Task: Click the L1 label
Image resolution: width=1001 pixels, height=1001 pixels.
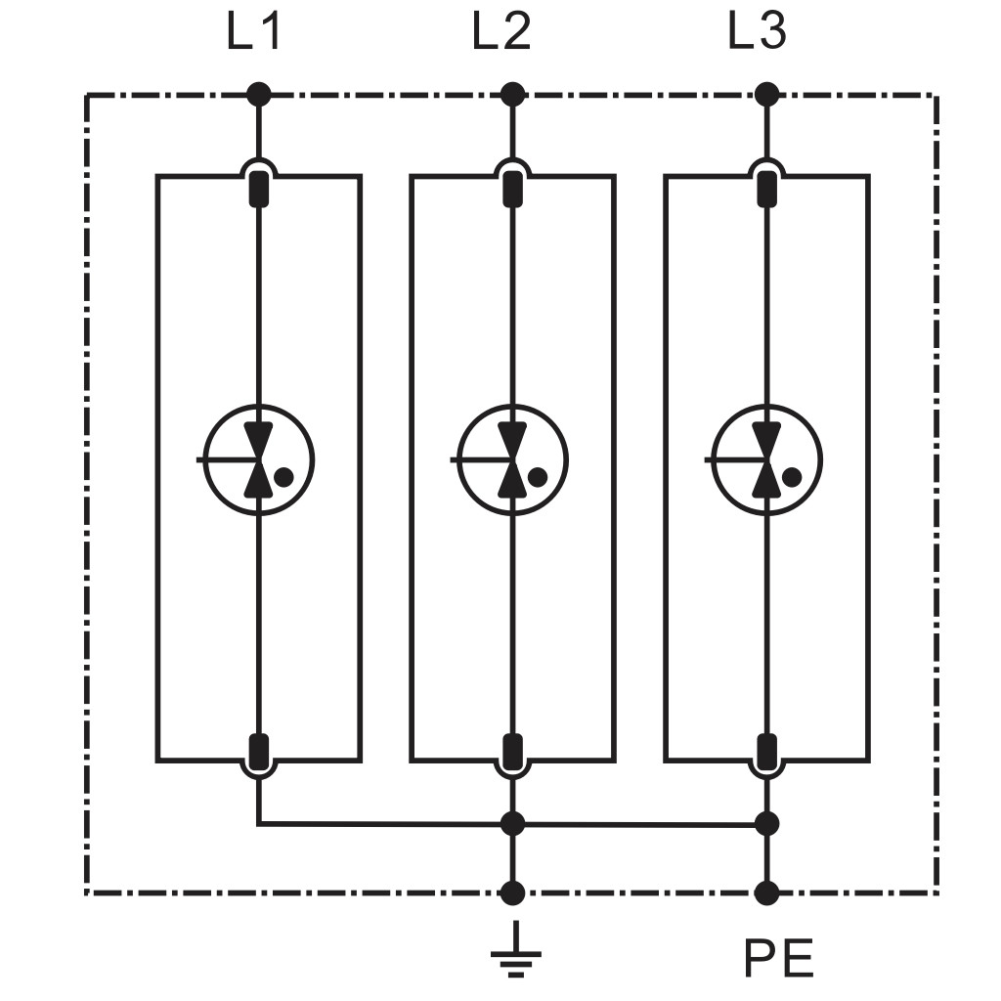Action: click(x=253, y=32)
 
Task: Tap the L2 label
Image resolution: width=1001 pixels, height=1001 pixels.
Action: click(x=501, y=32)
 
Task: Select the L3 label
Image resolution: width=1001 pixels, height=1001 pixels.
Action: click(x=758, y=32)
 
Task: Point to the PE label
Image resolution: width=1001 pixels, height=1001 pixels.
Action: click(x=778, y=958)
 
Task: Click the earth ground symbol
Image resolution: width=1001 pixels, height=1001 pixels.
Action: click(x=516, y=950)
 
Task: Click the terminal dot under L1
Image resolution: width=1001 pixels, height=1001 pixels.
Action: click(x=258, y=95)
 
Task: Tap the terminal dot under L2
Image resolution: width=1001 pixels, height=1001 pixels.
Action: click(x=512, y=95)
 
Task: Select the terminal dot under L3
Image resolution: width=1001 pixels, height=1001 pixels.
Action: click(x=766, y=95)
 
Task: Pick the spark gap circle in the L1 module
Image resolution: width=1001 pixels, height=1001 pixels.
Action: click(x=258, y=405)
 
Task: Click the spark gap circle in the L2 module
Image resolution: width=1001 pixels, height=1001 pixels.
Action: click(x=512, y=405)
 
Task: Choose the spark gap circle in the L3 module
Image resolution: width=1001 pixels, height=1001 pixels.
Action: click(x=766, y=405)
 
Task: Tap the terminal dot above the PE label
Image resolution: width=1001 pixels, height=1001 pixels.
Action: click(x=766, y=893)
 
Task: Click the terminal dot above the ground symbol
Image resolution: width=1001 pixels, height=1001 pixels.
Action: click(x=512, y=893)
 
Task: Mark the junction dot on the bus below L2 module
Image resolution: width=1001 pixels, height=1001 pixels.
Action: click(x=512, y=823)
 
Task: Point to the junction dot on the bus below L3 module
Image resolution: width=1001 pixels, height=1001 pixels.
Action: click(x=766, y=823)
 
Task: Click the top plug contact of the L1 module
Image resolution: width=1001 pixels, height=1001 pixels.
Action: click(x=258, y=189)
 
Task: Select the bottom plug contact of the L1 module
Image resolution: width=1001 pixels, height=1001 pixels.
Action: click(x=258, y=752)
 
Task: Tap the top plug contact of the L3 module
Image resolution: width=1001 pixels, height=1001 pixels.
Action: click(x=766, y=189)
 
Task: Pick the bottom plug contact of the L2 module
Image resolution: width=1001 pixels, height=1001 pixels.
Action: click(x=512, y=752)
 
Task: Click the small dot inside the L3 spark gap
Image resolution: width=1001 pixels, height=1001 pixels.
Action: click(x=792, y=476)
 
